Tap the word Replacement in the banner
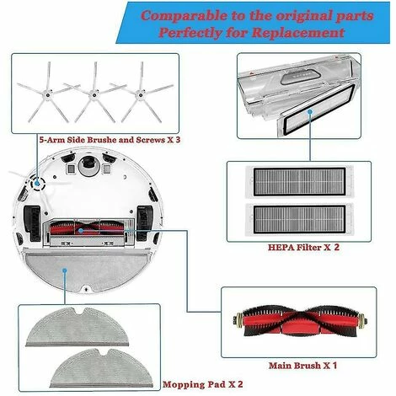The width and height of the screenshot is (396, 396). click(x=298, y=33)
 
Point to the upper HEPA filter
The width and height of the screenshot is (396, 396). click(x=299, y=182)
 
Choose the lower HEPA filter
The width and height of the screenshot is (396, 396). click(x=299, y=219)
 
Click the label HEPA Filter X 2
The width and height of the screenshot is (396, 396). click(x=303, y=248)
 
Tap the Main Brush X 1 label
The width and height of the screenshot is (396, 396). click(x=302, y=366)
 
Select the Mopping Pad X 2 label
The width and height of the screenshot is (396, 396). click(x=202, y=384)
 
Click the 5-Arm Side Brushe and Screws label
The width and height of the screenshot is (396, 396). click(x=110, y=140)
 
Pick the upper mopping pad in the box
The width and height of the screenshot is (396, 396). click(x=78, y=327)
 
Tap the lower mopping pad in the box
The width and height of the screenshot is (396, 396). click(x=102, y=368)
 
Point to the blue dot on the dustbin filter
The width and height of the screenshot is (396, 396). click(x=310, y=112)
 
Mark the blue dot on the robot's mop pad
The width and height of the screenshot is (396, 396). click(x=65, y=270)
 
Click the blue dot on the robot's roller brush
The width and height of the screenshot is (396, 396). click(x=81, y=231)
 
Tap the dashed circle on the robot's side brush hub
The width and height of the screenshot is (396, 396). click(x=37, y=184)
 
